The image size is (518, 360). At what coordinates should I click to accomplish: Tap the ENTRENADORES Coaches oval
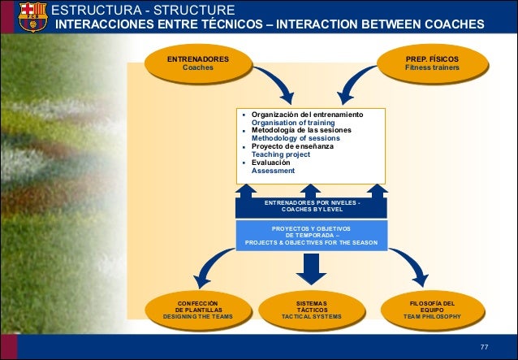[x=197, y=64]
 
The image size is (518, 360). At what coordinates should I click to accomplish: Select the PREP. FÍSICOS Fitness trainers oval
[x=432, y=64]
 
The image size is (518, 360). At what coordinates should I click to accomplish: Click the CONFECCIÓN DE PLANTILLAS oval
[x=198, y=310]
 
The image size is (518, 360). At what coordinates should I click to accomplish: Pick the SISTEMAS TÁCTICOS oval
[x=311, y=310]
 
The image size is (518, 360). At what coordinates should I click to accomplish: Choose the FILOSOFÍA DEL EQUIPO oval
[x=432, y=310]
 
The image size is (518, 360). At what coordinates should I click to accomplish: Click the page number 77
[x=484, y=348]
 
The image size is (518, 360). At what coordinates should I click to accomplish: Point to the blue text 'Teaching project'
[x=280, y=154]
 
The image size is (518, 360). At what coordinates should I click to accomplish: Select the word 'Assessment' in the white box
[x=273, y=171]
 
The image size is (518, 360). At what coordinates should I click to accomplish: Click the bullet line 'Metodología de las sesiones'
[x=300, y=131]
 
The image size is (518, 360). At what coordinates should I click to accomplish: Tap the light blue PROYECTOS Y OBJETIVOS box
[x=311, y=235]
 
